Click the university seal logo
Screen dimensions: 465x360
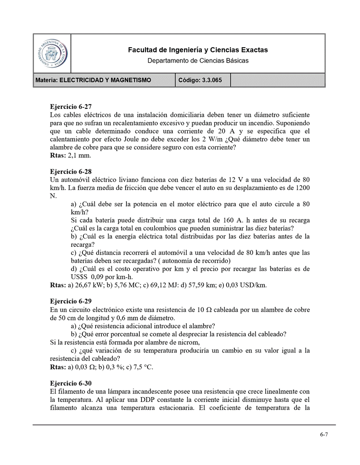point(52,53)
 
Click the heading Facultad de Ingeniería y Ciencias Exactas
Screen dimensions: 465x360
point(198,50)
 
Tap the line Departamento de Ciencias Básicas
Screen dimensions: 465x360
point(198,60)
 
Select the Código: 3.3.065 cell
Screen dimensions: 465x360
point(200,80)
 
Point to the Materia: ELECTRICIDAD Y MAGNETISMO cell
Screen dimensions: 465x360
point(93,80)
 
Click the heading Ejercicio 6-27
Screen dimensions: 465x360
point(71,107)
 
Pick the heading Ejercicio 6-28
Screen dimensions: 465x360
point(71,171)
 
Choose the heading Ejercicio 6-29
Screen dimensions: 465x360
point(71,302)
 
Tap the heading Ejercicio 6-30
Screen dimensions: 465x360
point(71,383)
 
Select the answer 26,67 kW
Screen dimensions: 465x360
point(89,285)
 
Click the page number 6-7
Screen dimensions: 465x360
point(324,434)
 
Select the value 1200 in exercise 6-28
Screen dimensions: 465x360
point(302,188)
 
